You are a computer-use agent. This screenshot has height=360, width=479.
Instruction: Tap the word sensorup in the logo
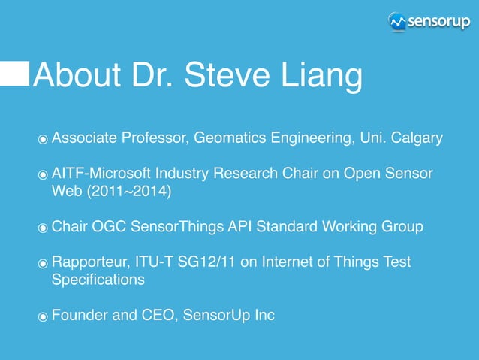pos(438,22)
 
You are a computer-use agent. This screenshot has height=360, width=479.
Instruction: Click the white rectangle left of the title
pos(14,74)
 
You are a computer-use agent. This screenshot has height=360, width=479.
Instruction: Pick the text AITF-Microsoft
pos(95,174)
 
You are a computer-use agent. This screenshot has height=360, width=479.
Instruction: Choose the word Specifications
pos(98,280)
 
